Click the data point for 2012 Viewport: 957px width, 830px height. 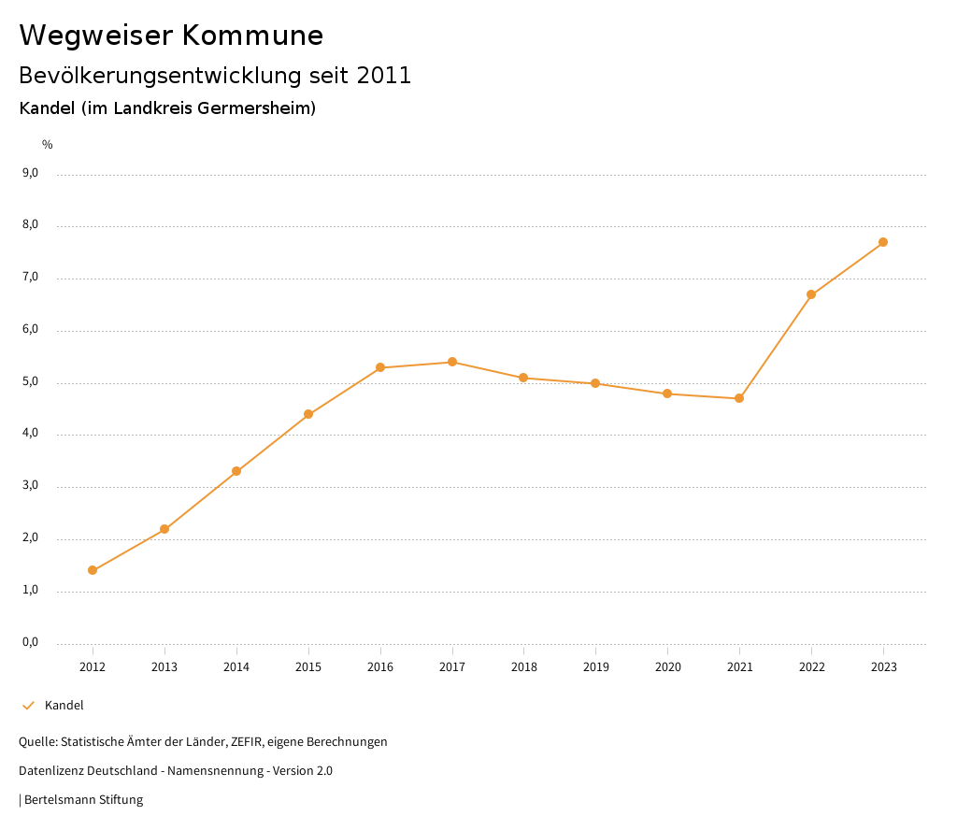coord(93,570)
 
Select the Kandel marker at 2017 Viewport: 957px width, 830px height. coord(452,362)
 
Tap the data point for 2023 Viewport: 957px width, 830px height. coord(883,242)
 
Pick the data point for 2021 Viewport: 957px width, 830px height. coord(739,398)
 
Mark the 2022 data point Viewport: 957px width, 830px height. coord(811,294)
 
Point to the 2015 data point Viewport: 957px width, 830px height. coord(308,414)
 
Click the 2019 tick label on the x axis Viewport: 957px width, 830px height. coord(595,666)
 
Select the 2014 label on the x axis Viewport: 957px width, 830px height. coord(236,666)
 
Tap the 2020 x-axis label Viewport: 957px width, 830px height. coord(667,666)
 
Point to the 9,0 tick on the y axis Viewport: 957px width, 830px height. coord(30,173)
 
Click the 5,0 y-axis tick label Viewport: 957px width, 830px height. coord(30,382)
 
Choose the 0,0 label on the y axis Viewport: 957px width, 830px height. coord(30,643)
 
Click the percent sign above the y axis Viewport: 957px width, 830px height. coord(48,144)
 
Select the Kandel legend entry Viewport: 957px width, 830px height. coord(64,706)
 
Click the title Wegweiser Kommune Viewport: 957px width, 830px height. coord(171,36)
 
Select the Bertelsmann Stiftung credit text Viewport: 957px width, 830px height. coord(83,800)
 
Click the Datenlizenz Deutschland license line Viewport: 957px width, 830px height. coord(176,771)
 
